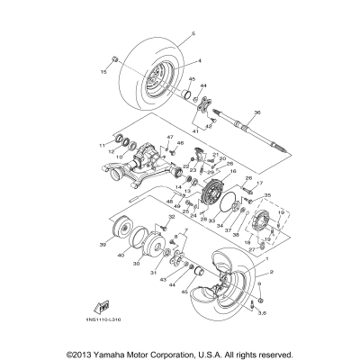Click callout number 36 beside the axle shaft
pos(257,112)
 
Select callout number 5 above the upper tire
pos(192,33)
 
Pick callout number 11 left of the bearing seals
pos(101,144)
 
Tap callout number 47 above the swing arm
pos(167,137)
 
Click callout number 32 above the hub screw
pos(167,229)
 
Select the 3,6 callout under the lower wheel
pos(261,311)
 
